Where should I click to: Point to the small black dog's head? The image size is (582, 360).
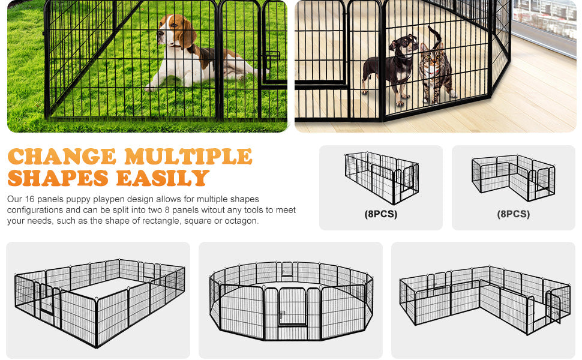405,44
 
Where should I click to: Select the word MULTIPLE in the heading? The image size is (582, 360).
188,156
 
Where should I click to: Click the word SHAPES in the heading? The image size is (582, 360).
58,178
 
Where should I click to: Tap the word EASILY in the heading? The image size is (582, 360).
163,178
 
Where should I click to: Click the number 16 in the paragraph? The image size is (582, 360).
29,199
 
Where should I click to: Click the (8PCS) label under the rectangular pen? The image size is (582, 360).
381,214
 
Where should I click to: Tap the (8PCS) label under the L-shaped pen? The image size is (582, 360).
514,214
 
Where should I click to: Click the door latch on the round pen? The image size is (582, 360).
282,314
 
